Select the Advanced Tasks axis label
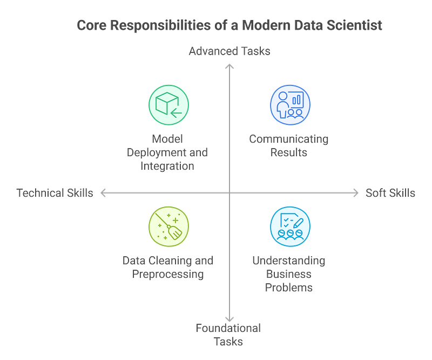pos(230,51)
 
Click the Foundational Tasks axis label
pos(229,334)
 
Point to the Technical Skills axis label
pos(55,193)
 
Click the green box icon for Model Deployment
pos(169,105)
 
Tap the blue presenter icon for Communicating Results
pos(290,105)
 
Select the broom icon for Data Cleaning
pos(169,225)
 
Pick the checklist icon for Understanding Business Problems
pos(290,225)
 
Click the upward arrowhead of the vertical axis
pos(230,66)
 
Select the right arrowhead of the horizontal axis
pos(356,192)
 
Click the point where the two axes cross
pos(230,192)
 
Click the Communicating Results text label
pos(289,145)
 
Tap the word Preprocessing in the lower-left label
pos(168,274)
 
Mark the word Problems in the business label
pos(289,287)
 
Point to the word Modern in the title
pos(259,25)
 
